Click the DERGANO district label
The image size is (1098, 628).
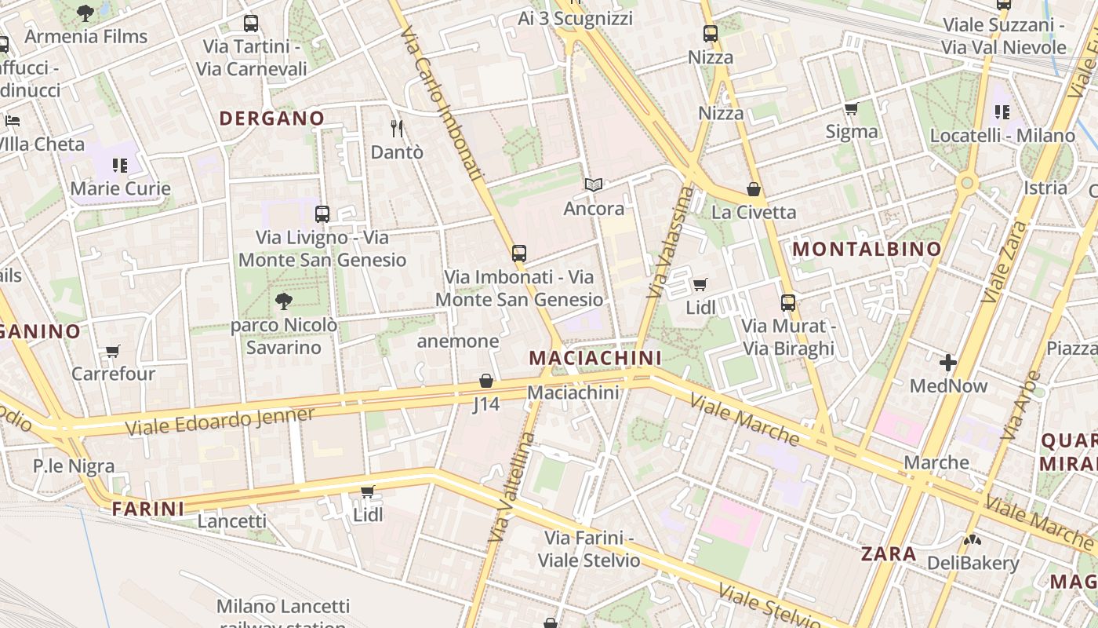coord(271,119)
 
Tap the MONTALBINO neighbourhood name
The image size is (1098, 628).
coord(867,250)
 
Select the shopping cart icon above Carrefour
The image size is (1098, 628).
coord(113,351)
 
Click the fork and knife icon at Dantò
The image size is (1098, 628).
coord(397,128)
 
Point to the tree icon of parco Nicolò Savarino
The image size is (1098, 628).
coord(283,301)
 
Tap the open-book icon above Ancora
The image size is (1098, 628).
coord(594,185)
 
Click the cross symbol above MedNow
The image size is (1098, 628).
coord(947,363)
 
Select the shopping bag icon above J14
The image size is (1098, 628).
coord(486,382)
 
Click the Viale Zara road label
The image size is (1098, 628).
coord(1004,262)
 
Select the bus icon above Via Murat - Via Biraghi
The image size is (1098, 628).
coord(788,302)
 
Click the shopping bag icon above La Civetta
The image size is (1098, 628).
coord(753,189)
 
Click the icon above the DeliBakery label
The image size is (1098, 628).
coord(973,540)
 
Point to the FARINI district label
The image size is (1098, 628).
coord(148,509)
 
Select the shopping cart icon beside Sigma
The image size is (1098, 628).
coord(851,109)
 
